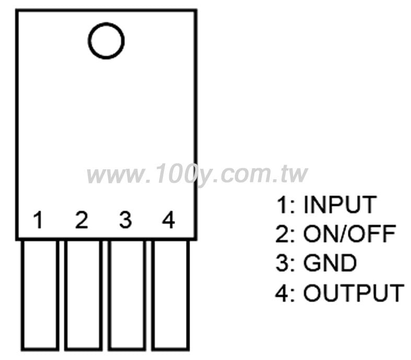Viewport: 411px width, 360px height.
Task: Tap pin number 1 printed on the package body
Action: tap(39, 219)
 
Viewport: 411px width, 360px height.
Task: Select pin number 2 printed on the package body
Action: tap(81, 219)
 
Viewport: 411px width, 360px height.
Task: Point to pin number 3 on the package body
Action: tap(125, 219)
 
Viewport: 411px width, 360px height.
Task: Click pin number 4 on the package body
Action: tap(168, 219)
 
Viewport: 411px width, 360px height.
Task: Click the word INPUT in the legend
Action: tap(340, 204)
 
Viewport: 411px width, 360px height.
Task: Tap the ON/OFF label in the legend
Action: tap(349, 234)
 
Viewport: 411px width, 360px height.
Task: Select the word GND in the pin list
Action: tap(330, 263)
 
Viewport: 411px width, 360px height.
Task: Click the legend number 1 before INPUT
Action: tap(283, 204)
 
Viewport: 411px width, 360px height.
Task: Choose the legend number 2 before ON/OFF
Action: tap(282, 234)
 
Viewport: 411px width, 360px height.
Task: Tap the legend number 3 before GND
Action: tap(282, 263)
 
